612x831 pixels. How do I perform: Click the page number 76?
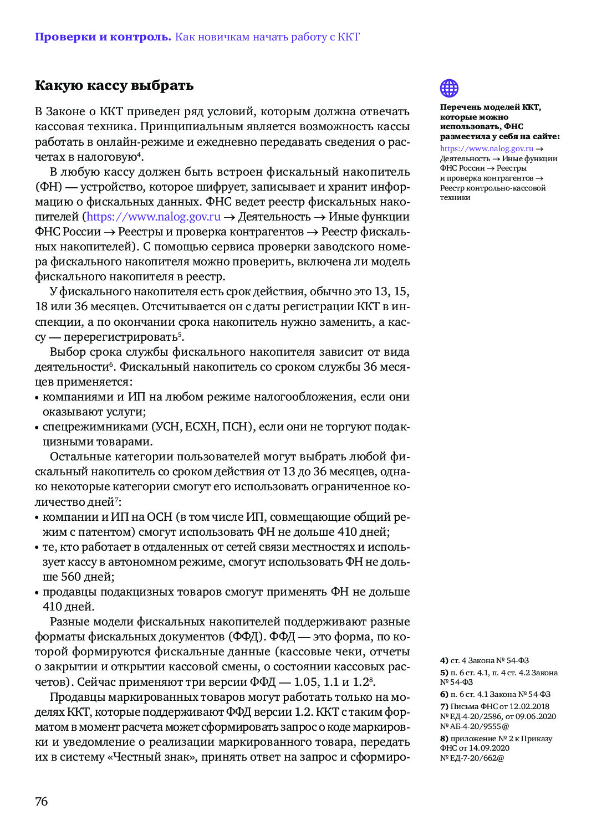pyautogui.click(x=42, y=801)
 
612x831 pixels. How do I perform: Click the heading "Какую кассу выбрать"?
pyautogui.click(x=114, y=85)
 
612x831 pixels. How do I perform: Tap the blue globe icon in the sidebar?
pyautogui.click(x=449, y=88)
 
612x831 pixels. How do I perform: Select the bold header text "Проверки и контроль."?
pyautogui.click(x=103, y=37)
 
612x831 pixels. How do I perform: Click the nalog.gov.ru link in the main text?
pyautogui.click(x=154, y=217)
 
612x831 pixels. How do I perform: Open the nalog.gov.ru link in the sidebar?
pyautogui.click(x=486, y=148)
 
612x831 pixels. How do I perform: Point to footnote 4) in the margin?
pyautogui.click(x=444, y=660)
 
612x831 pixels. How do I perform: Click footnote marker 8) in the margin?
pyautogui.click(x=444, y=738)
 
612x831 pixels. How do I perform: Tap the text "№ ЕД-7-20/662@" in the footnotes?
pyautogui.click(x=472, y=758)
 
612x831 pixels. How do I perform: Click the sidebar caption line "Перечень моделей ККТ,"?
pyautogui.click(x=490, y=107)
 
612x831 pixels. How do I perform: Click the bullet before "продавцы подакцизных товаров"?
pyautogui.click(x=37, y=593)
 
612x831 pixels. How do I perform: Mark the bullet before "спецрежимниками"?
pyautogui.click(x=37, y=428)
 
